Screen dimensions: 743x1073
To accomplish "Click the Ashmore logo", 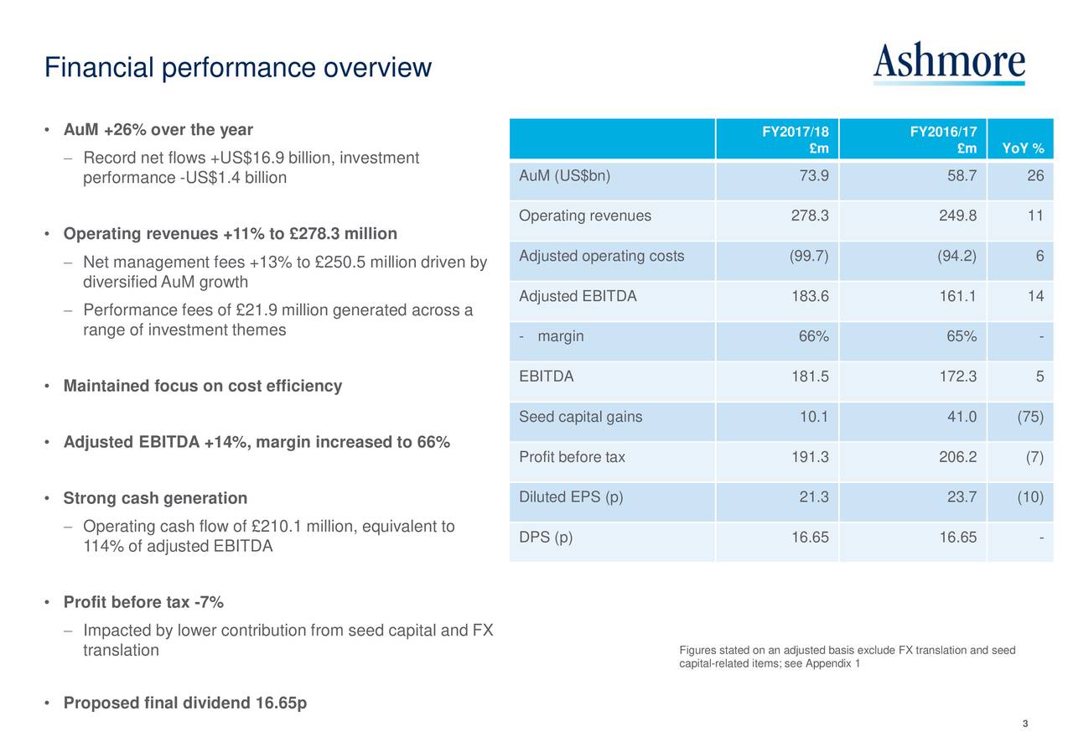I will point(948,62).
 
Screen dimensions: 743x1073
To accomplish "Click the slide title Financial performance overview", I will point(238,67).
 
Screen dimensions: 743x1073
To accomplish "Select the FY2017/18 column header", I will point(795,140).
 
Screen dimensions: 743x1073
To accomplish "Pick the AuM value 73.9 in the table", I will point(814,176).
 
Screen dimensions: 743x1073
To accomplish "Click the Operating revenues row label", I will point(584,216).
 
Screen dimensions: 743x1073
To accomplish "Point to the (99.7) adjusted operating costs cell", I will point(809,257).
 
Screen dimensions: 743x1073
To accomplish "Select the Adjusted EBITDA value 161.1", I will point(957,297).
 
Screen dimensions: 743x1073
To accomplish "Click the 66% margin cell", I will point(813,337).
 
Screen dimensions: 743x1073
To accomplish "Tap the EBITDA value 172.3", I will point(957,377).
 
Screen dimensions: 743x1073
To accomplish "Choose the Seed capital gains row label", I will point(580,418).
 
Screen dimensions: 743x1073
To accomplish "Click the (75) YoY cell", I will point(1030,418).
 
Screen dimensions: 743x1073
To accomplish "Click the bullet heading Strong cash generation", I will point(155,499).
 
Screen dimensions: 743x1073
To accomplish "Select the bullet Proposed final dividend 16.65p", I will point(184,703).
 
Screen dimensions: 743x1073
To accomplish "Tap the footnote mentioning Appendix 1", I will point(847,658).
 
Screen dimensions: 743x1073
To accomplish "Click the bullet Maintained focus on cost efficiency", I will point(202,387).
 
